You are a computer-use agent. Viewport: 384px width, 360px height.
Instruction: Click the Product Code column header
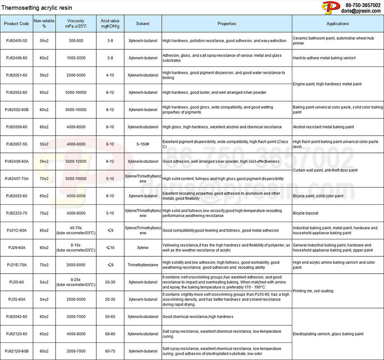coord(17,24)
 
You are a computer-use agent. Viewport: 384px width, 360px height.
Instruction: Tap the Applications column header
coord(337,24)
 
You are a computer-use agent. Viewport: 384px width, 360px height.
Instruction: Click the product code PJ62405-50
coord(17,41)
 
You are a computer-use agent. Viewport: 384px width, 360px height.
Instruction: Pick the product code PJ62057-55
coord(17,144)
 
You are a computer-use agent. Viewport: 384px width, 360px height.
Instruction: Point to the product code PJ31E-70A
coord(17,265)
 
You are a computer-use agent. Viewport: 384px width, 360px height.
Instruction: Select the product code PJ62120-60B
coord(17,351)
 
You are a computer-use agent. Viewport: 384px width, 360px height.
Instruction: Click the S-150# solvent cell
coord(142,144)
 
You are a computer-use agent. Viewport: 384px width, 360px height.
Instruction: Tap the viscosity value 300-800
coord(75,41)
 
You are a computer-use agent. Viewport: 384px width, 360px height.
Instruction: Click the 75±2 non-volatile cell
coord(44,213)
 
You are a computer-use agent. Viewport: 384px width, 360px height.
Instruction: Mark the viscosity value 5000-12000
coord(75,161)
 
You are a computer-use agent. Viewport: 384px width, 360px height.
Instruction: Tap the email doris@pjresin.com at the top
coord(361,11)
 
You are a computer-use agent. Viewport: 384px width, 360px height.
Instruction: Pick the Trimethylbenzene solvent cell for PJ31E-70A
coord(142,265)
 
